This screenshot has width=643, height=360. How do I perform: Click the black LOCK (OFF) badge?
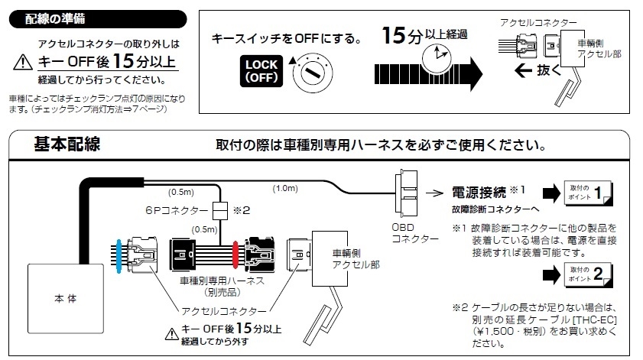coord(261,71)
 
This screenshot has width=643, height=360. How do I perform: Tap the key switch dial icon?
coord(313,73)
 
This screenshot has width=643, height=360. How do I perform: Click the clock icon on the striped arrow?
coord(437,59)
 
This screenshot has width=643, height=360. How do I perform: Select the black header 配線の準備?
coord(98,19)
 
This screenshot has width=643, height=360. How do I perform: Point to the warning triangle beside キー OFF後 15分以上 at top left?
coord(23,63)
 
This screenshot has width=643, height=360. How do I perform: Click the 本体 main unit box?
coord(66,298)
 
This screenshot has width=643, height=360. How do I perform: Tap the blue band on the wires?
coord(119,256)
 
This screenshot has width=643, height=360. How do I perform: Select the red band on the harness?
coord(235,255)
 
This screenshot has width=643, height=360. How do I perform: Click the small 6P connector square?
coord(220,211)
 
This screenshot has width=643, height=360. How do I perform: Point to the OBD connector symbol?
coord(406,193)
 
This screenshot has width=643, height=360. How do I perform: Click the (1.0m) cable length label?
coord(285,188)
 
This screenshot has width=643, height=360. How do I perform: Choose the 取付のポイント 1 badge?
coord(588,193)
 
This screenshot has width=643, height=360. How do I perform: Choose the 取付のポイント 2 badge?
coord(588,274)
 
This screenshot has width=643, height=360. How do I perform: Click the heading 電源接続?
coord(479,193)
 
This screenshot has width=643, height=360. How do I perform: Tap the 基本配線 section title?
coord(67,144)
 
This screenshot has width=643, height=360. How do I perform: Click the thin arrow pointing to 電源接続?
coord(434,193)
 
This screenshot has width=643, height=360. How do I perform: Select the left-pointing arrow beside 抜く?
coord(523,70)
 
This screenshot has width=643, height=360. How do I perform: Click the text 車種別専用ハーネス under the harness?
coord(222,281)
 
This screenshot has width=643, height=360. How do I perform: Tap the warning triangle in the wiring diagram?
coord(171,334)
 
